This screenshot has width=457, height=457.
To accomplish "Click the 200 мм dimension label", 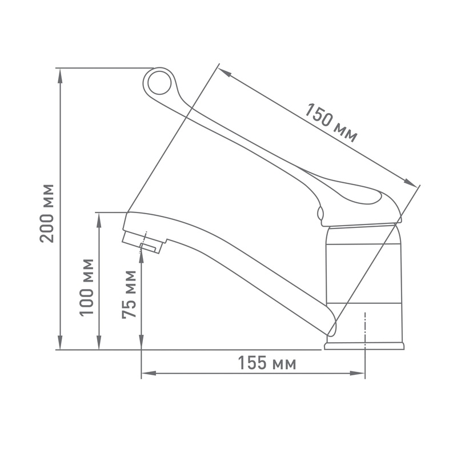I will (x=48, y=213).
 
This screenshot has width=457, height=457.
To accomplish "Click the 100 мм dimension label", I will (x=87, y=287).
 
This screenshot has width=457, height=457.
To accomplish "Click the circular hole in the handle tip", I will (x=159, y=83).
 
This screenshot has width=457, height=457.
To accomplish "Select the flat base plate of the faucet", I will (x=364, y=346).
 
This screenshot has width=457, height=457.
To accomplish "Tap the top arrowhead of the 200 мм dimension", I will (x=60, y=73).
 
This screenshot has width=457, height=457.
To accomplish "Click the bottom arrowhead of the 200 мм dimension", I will (x=60, y=344).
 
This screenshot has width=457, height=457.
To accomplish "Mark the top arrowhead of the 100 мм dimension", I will (x=100, y=218).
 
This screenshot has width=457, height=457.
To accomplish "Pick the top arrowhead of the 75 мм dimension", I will (x=141, y=257).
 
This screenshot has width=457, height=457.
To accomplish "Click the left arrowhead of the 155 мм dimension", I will (x=147, y=374).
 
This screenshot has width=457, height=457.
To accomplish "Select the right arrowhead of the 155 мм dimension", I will (x=359, y=374).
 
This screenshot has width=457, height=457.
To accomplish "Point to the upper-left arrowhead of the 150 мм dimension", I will (x=223, y=73).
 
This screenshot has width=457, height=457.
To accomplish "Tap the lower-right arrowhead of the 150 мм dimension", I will (x=412, y=183).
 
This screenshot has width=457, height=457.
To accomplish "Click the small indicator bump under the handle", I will (x=320, y=215).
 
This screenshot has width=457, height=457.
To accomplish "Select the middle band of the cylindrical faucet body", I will (x=363, y=273).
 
